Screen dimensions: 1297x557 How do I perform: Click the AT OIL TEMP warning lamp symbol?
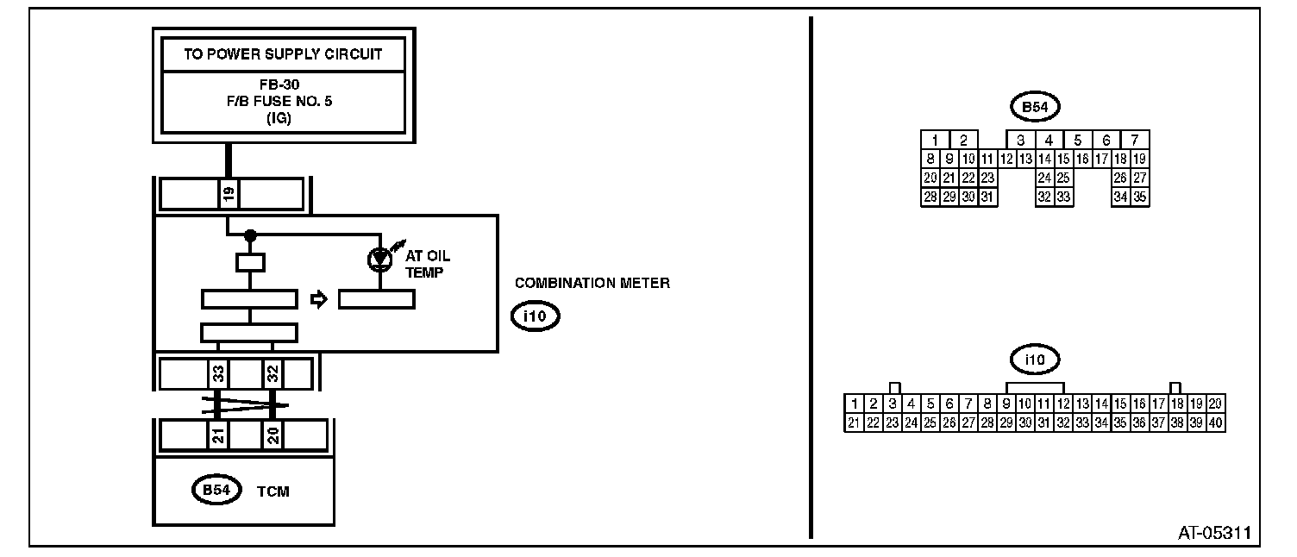pos(378,258)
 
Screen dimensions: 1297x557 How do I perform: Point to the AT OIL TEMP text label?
pos(428,263)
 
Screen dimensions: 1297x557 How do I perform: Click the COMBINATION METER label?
pos(592,283)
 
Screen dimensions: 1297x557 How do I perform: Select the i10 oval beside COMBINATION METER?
pos(535,316)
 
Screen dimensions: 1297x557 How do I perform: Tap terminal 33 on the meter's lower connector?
pos(218,373)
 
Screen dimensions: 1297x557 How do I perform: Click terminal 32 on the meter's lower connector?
pos(273,373)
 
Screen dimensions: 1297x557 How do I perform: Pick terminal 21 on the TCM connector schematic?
pos(218,435)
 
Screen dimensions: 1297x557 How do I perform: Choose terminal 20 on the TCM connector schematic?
pos(273,435)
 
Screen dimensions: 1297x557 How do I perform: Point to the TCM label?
pos(273,491)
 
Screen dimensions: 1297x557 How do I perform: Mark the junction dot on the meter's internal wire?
pos(250,235)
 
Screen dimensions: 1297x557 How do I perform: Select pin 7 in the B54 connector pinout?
pos(1135,140)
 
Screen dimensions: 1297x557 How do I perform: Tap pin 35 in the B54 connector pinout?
pos(1140,197)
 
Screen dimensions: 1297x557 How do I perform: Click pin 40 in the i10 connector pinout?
pos(1216,422)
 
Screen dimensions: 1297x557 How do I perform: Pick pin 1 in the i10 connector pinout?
pos(853,404)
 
